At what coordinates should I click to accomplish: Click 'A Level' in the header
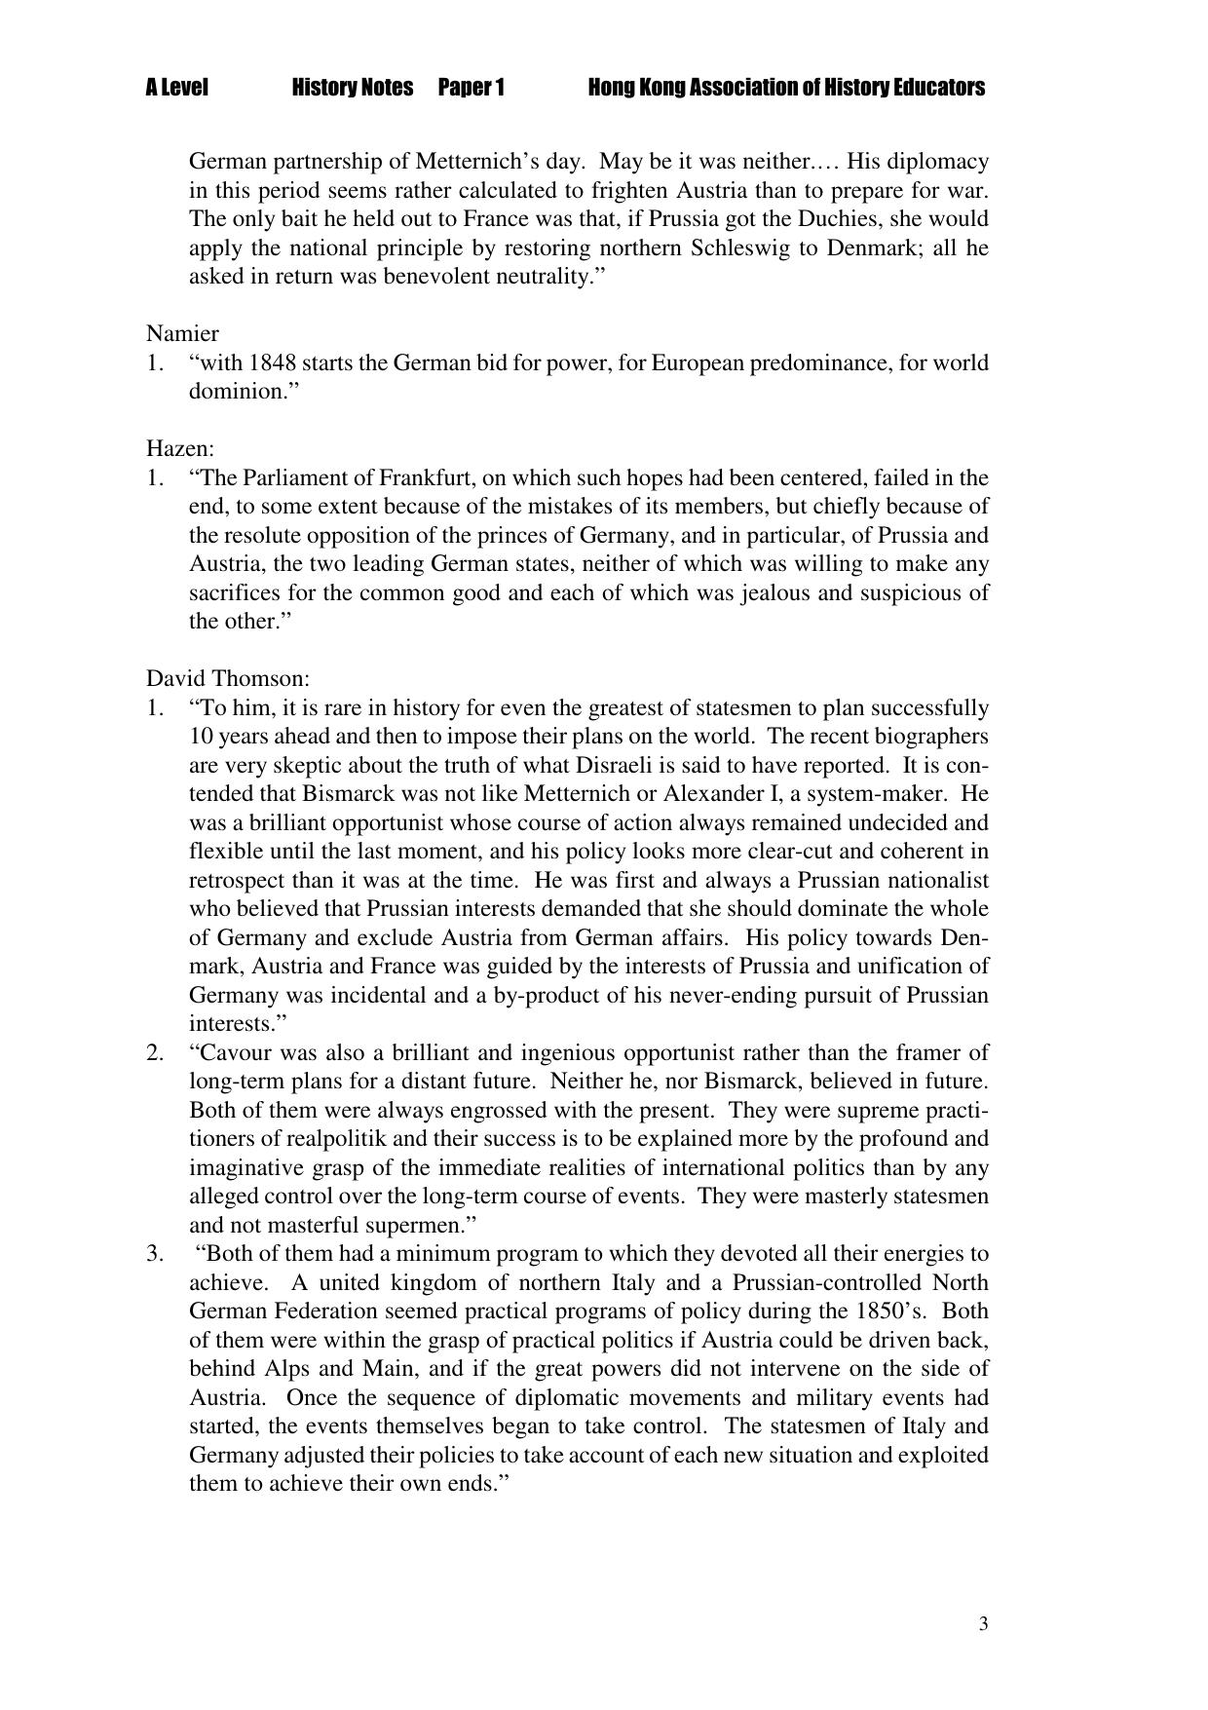point(176,89)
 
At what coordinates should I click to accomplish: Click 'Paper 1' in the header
point(471,89)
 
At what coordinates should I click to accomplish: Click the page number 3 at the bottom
point(983,1623)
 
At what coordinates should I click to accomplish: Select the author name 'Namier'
point(182,334)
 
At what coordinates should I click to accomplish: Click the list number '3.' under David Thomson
point(156,1254)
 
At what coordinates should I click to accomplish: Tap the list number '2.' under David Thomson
point(156,1053)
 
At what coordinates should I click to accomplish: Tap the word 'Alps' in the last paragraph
point(287,1369)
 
